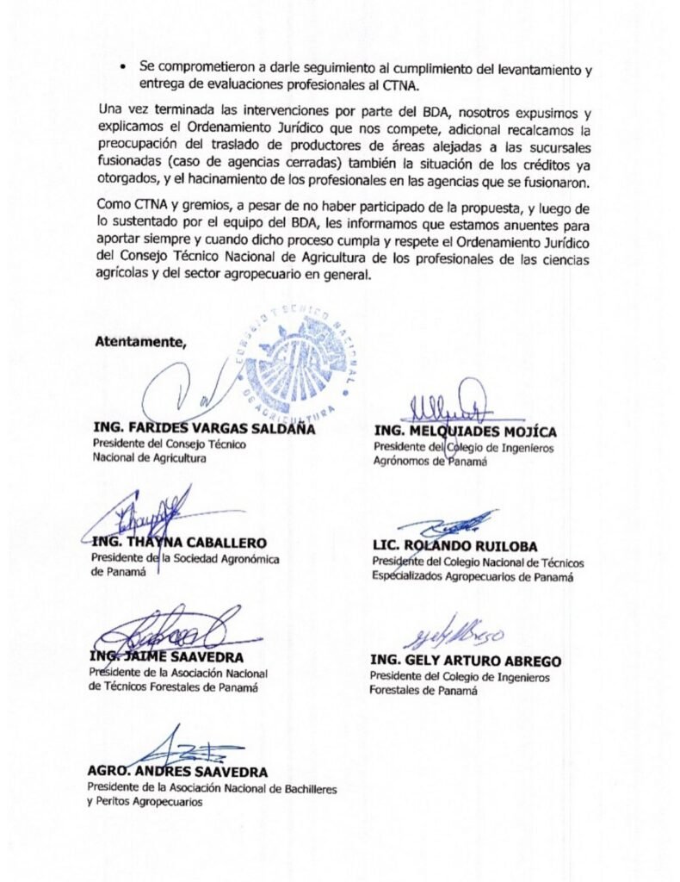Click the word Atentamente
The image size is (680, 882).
[x=140, y=340]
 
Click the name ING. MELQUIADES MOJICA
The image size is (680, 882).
[x=465, y=432]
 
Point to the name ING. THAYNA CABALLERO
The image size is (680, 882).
[x=179, y=543]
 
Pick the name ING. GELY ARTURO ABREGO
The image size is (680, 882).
[x=466, y=661]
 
